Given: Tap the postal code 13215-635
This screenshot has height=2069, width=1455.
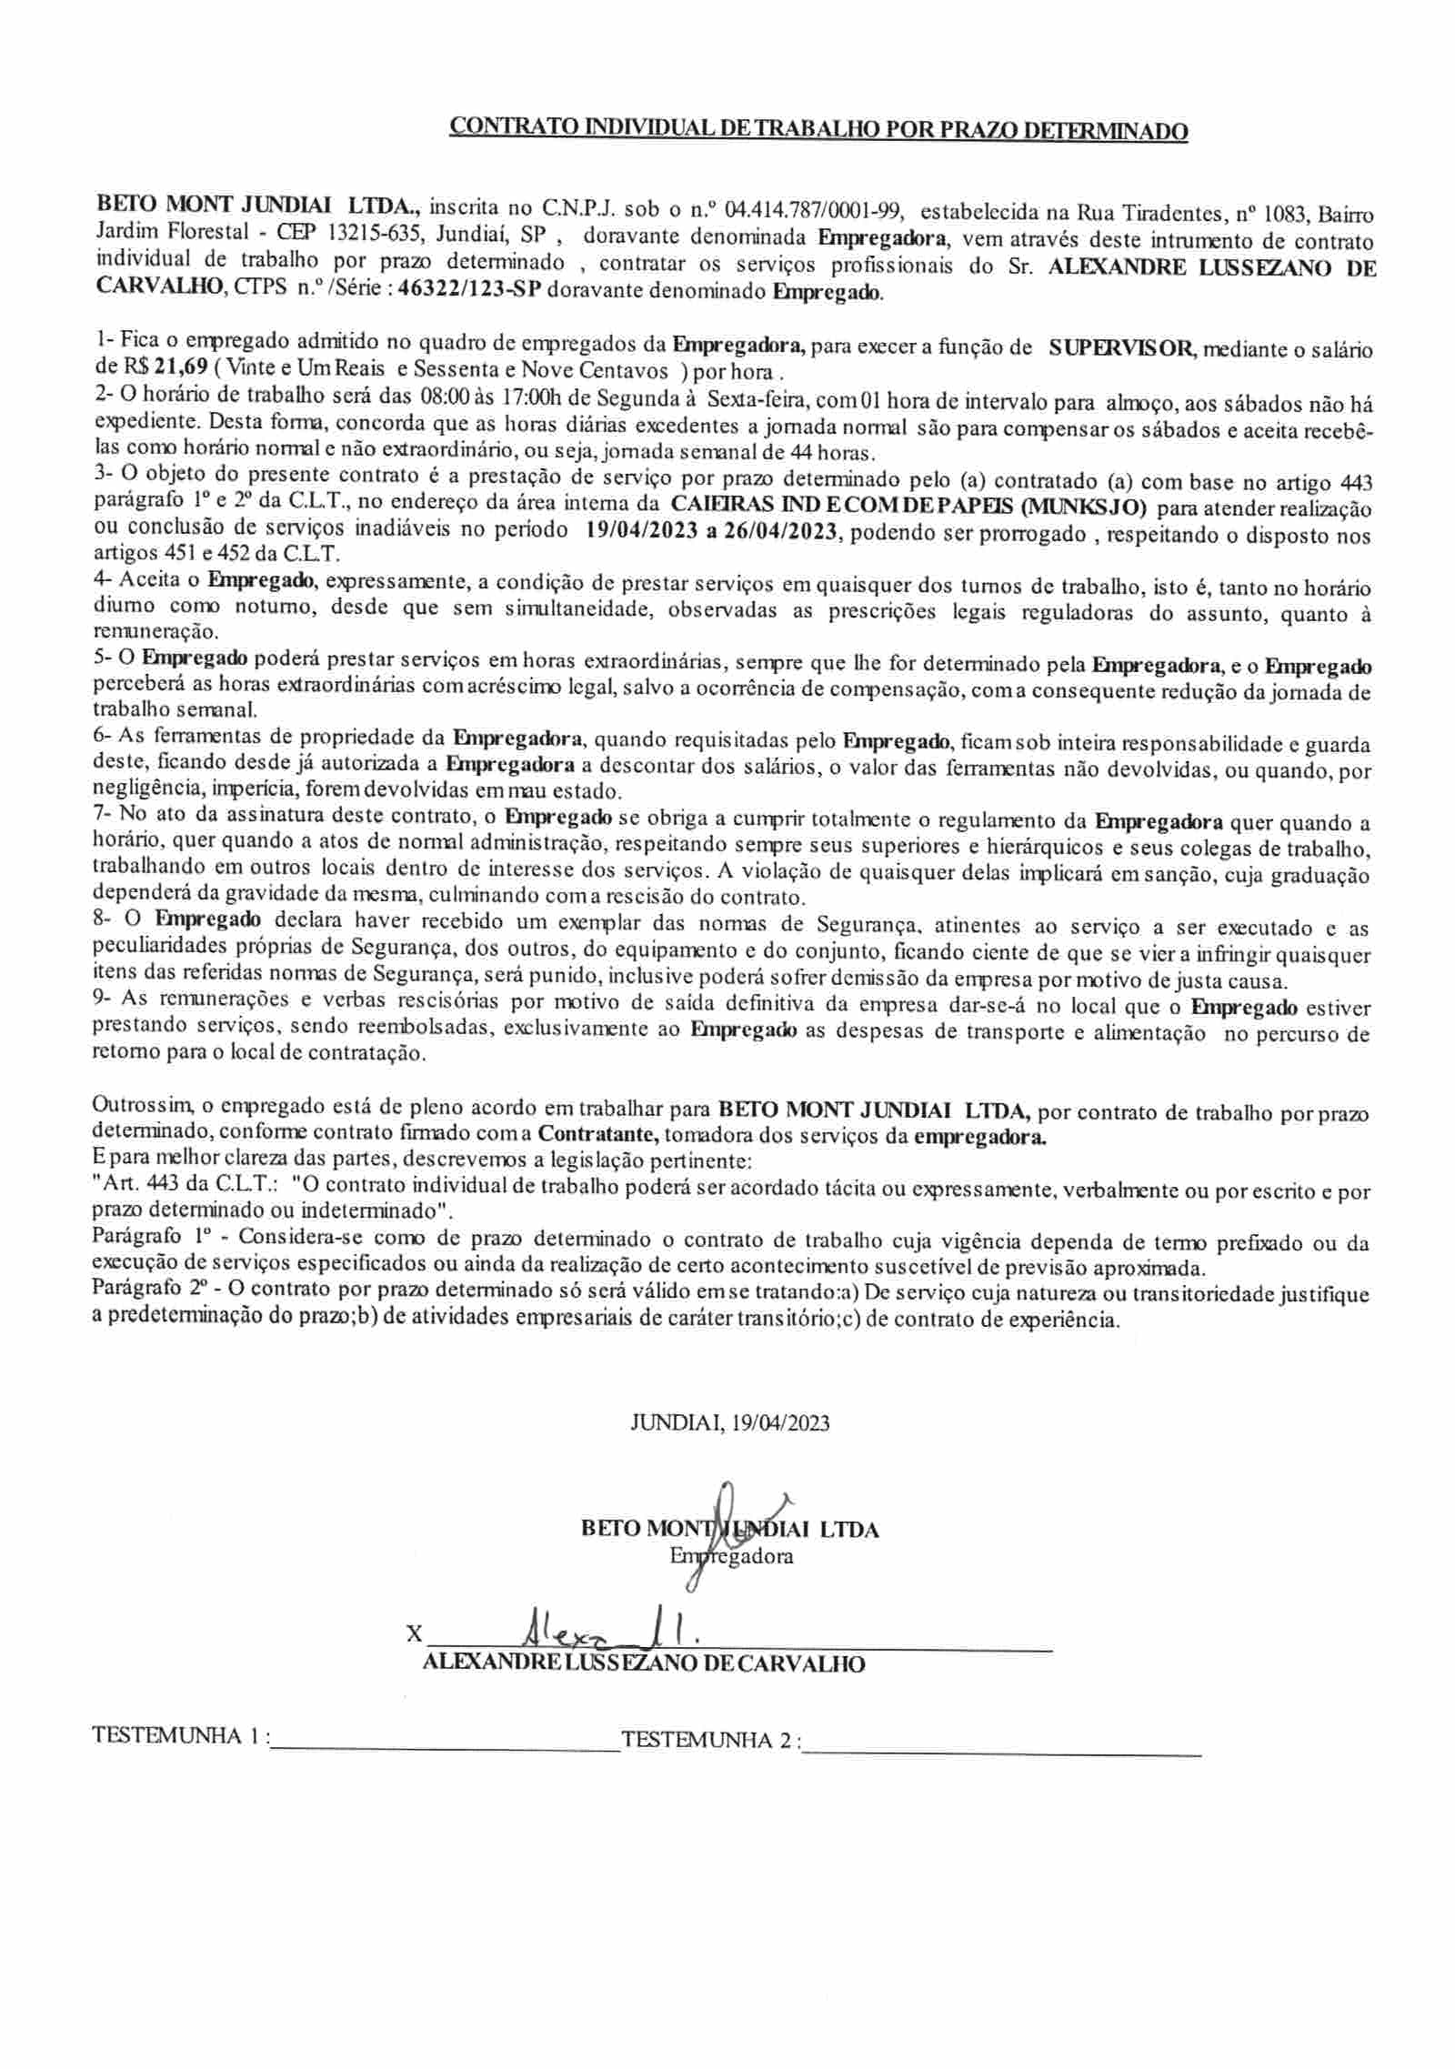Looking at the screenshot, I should (x=377, y=236).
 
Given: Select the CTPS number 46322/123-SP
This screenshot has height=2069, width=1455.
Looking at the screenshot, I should (x=474, y=293).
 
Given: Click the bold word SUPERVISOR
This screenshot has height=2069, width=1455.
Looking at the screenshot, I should (x=1118, y=347).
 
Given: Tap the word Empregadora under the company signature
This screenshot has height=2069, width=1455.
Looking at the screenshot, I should (x=731, y=1555).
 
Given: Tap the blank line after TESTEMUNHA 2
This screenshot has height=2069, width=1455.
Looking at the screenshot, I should (x=1003, y=1743).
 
